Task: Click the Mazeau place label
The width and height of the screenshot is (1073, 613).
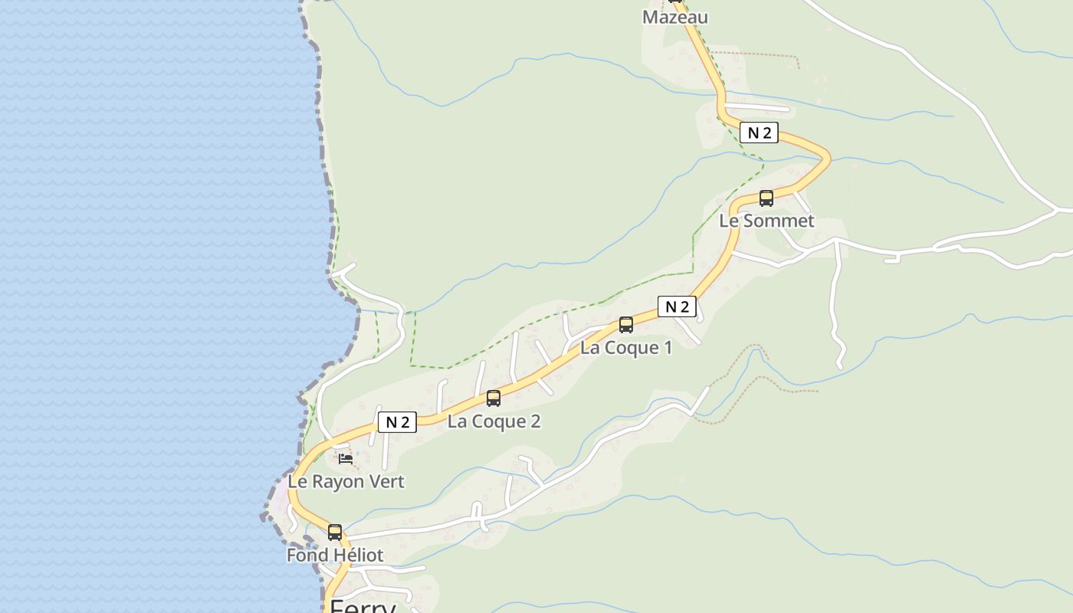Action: tap(674, 17)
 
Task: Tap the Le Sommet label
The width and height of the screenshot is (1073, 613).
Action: tap(766, 221)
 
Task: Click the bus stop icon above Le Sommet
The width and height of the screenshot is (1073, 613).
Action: tap(766, 198)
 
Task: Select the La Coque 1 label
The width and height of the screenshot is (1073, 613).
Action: tap(625, 347)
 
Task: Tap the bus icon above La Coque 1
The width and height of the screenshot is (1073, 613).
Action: tap(626, 325)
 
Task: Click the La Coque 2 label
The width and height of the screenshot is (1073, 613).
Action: tap(494, 421)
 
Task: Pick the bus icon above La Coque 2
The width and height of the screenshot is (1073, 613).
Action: tap(494, 398)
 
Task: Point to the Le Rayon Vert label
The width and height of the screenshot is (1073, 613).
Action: tap(346, 481)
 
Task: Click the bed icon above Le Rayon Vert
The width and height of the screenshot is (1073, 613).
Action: tap(346, 459)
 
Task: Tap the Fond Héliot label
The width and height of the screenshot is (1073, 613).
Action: tap(335, 555)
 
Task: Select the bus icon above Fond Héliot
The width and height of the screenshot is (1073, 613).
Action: tap(335, 533)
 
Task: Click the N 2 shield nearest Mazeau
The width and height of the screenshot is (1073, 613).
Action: tap(759, 133)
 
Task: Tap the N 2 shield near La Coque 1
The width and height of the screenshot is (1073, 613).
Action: tap(677, 306)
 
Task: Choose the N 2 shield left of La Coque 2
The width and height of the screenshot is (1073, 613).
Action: tap(397, 421)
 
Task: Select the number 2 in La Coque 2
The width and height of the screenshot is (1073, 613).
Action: tap(535, 421)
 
